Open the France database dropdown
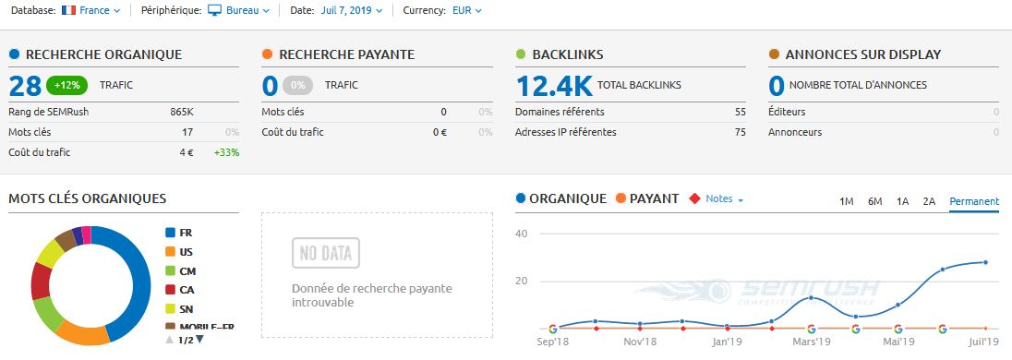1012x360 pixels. [91, 10]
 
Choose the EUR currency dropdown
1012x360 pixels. [466, 10]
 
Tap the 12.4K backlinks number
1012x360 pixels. [554, 86]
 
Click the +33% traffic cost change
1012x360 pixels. [226, 152]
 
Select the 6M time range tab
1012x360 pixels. [874, 201]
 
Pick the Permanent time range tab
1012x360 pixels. [973, 201]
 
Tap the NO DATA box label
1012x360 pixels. [325, 252]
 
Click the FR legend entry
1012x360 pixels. [186, 233]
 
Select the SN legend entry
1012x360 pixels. [186, 308]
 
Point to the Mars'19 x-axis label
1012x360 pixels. [812, 341]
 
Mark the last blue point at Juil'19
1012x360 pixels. [985, 262]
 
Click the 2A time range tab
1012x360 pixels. [929, 201]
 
